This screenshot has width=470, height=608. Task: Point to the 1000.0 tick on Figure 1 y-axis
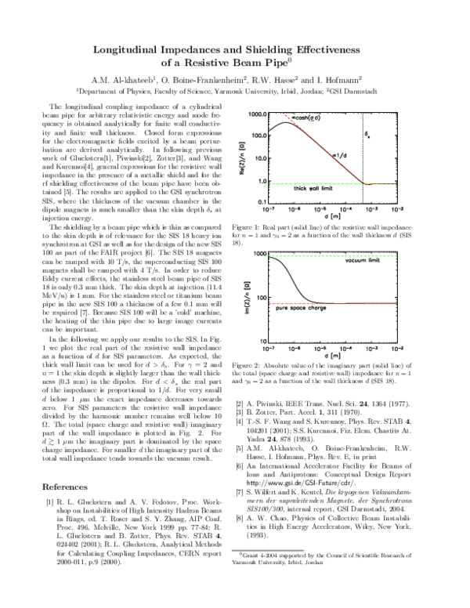tap(259, 114)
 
